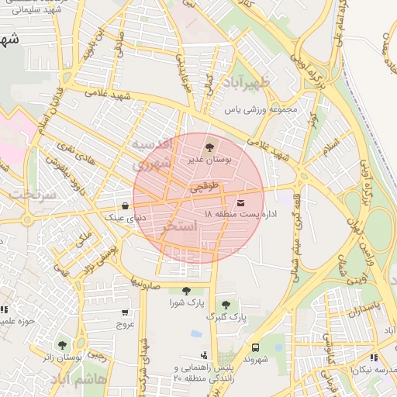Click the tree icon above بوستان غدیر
pos(209,146)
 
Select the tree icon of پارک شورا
pos(186,292)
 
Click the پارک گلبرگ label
pos(226,317)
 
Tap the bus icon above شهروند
pos(255,347)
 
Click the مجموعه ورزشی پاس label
pos(261,109)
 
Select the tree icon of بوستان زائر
pos(62,344)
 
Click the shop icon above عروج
pos(125,312)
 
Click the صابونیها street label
pos(145,282)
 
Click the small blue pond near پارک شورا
pos(196,334)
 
